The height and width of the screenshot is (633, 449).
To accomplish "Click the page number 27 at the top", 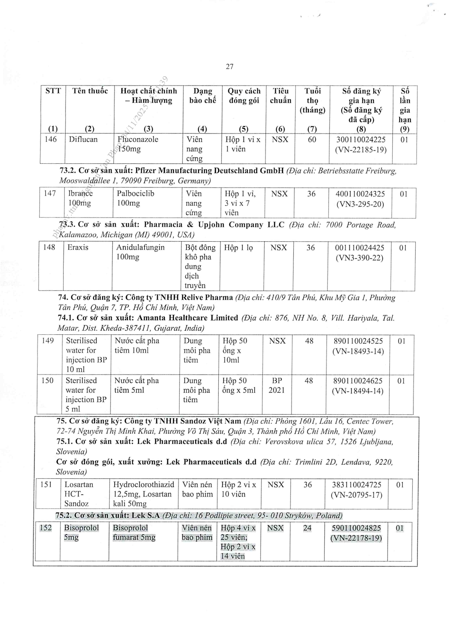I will coord(230,66).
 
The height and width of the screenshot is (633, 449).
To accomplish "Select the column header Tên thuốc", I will coord(90,91).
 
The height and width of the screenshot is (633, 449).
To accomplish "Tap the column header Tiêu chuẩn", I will coord(280,96).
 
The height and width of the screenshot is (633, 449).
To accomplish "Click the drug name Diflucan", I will coord(83,139).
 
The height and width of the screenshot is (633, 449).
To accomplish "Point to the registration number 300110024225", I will coord(361,140).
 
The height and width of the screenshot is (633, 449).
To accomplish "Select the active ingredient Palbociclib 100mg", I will coord(135,198).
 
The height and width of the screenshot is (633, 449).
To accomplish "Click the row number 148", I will coord(49,248).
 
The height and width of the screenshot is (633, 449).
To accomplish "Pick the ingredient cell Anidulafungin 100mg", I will coord(140,252).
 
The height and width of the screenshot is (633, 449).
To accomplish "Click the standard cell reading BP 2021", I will coord(276,385).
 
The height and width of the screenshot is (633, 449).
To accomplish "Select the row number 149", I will coord(48,341).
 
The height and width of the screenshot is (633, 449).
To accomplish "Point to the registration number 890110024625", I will coord(358,381).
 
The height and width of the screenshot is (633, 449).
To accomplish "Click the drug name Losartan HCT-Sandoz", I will coord(78,494).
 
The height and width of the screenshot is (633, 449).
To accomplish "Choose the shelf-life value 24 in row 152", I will coord(307,528).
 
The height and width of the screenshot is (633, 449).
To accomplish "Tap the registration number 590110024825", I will coord(356,528).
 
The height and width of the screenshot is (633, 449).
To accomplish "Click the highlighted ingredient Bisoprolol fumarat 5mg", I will coord(134,533).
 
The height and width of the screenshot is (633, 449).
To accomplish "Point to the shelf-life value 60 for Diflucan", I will coord(312,140).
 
